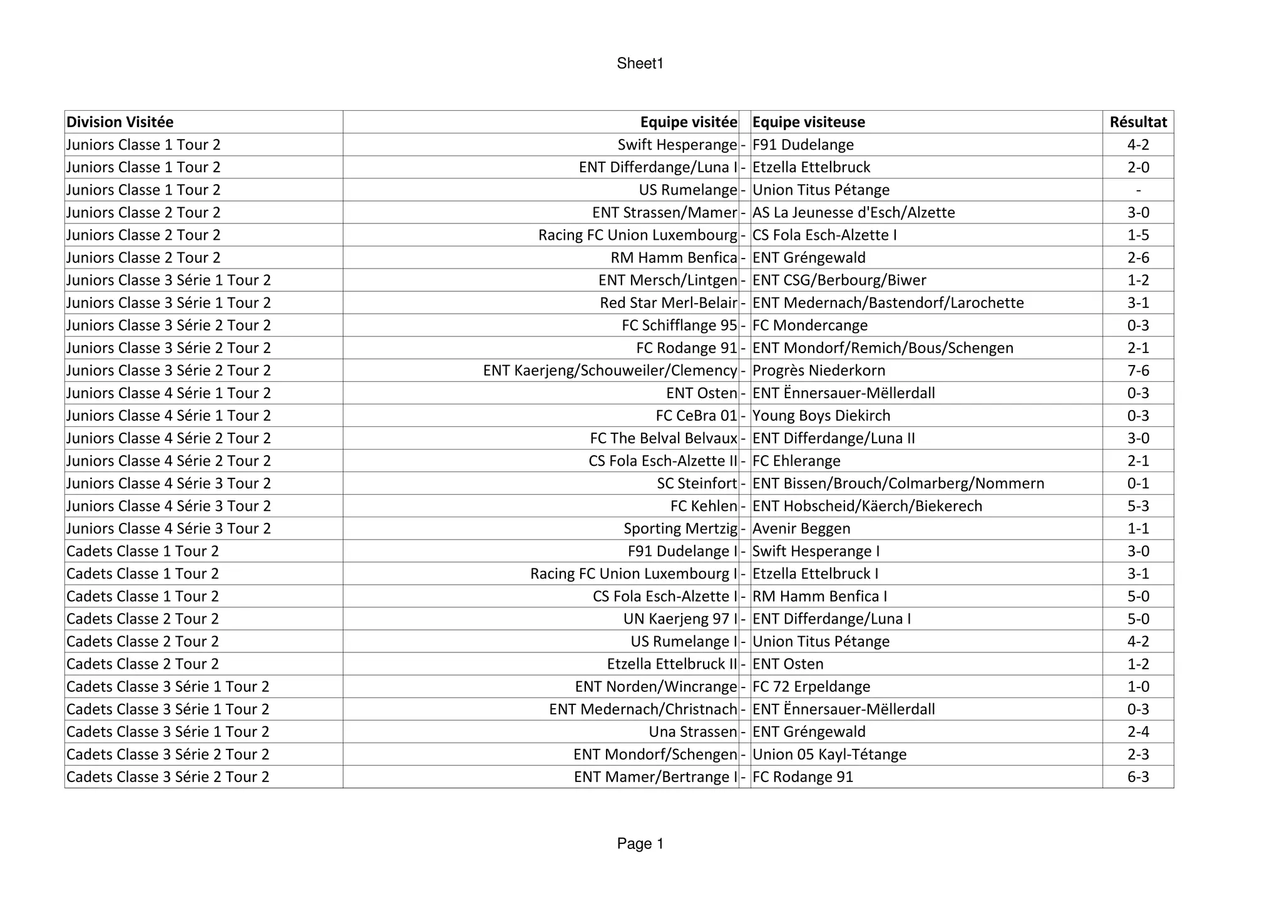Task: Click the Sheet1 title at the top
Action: pyautogui.click(x=640, y=63)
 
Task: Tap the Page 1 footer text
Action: pyautogui.click(x=640, y=843)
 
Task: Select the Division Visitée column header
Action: pyautogui.click(x=120, y=122)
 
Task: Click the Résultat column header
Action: pyautogui.click(x=1138, y=122)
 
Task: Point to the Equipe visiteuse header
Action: pyautogui.click(x=809, y=122)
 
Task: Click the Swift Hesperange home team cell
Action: pyautogui.click(x=677, y=145)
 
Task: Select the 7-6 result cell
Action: pyautogui.click(x=1138, y=371)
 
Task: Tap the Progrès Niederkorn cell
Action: pyautogui.click(x=819, y=371)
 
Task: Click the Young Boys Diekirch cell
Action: pyautogui.click(x=821, y=416)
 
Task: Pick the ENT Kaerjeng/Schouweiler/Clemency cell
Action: pyautogui.click(x=610, y=371)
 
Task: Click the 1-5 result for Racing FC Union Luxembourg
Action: pyautogui.click(x=1138, y=235)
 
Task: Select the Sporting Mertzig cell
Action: pyautogui.click(x=680, y=528)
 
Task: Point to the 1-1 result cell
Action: pyautogui.click(x=1138, y=528)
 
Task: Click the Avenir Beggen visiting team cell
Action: pyautogui.click(x=801, y=528)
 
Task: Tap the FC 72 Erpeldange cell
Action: pyautogui.click(x=811, y=687)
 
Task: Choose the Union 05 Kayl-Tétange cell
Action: pyautogui.click(x=829, y=754)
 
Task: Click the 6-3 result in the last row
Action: pyautogui.click(x=1138, y=777)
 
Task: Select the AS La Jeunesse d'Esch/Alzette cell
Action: pyautogui.click(x=854, y=213)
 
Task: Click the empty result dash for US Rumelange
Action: pyautogui.click(x=1138, y=190)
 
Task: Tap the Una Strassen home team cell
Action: pyautogui.click(x=693, y=732)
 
